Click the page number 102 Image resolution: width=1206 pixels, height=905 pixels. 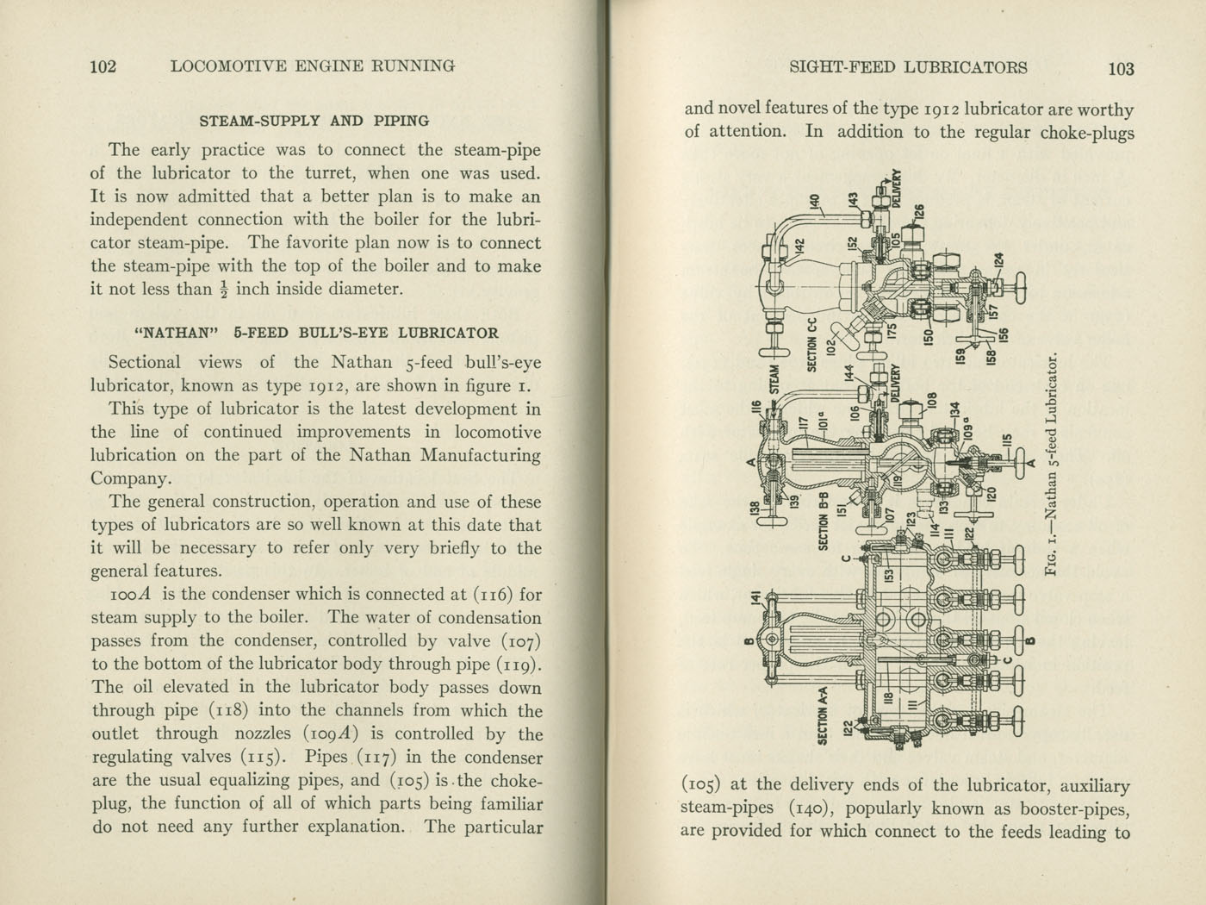pos(103,66)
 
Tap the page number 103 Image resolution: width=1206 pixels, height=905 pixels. pos(1122,69)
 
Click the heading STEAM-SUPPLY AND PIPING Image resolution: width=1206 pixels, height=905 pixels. pos(314,122)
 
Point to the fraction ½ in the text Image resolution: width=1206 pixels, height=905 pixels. pos(224,290)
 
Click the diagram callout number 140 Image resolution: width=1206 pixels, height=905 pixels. pos(814,203)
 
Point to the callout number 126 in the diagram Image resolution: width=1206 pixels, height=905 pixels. pos(919,212)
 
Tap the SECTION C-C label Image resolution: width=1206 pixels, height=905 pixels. pos(811,345)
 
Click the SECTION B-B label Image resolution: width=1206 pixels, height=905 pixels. pos(823,522)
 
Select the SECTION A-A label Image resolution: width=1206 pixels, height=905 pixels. pos(822,715)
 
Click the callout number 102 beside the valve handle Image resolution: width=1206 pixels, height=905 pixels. pos(831,347)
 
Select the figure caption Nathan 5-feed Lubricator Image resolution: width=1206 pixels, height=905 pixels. pos(1050,465)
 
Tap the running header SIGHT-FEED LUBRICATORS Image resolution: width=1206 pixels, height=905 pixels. pos(909,67)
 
